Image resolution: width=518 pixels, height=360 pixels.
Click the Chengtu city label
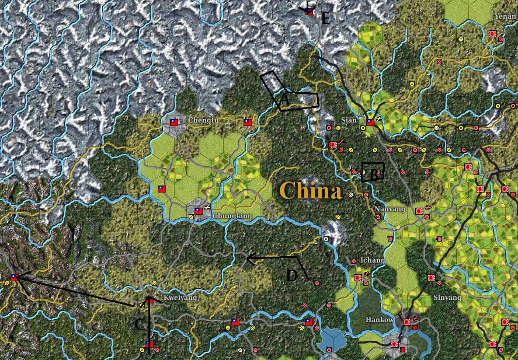click(x=203, y=121)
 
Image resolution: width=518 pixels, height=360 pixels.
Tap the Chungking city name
click(x=232, y=216)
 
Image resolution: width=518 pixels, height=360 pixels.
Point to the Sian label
click(x=349, y=120)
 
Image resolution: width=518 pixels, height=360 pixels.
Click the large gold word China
click(x=310, y=191)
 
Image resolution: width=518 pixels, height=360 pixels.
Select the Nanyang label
click(x=390, y=209)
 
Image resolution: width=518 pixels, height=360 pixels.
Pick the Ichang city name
click(x=372, y=260)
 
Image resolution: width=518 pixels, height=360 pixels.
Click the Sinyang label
click(x=448, y=297)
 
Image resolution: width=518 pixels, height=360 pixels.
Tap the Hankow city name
click(x=380, y=320)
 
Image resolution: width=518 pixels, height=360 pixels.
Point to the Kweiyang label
click(x=180, y=298)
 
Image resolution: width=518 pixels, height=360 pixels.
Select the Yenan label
click(x=505, y=17)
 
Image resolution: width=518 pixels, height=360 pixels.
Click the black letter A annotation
click(x=284, y=101)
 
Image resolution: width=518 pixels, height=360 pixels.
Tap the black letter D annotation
click(x=292, y=275)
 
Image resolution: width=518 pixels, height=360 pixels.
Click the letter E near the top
click(x=326, y=19)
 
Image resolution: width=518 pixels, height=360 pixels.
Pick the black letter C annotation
click(x=140, y=324)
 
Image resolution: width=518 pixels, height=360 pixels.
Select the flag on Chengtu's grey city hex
click(x=174, y=123)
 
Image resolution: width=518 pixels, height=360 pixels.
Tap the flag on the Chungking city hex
click(x=198, y=211)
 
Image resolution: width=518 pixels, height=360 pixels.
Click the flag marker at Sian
click(x=370, y=123)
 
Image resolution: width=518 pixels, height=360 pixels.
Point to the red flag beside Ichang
click(x=357, y=278)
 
